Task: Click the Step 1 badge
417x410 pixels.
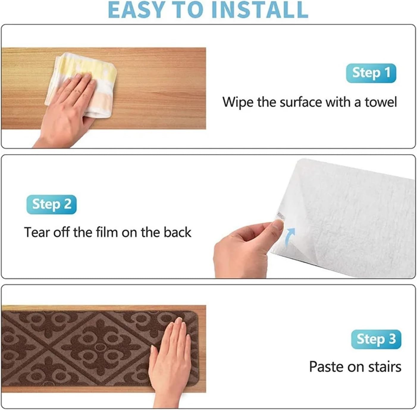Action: tap(371, 73)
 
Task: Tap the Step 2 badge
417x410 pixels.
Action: tap(51, 204)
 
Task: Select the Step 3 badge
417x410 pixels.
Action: tap(376, 339)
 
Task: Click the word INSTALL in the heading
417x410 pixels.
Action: tap(259, 10)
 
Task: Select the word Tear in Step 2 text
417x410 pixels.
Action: tap(37, 232)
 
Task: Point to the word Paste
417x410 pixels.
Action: tap(326, 367)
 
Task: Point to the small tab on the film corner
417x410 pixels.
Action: tap(280, 215)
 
